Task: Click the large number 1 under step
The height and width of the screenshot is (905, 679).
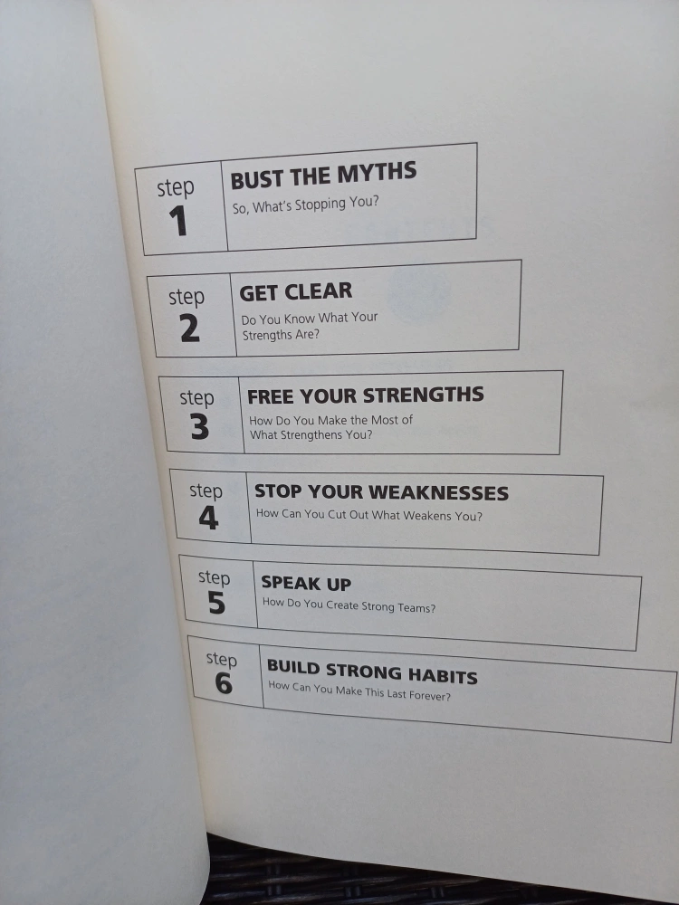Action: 178,221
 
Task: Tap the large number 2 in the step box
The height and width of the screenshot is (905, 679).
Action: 190,328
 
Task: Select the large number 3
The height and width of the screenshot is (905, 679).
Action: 200,427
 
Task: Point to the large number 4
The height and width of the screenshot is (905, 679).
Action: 208,518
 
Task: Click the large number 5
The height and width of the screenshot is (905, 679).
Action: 216,603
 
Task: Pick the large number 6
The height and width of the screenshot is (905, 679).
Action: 224,683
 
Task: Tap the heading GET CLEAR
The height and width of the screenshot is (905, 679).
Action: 296,292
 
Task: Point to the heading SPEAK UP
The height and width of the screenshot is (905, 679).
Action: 306,584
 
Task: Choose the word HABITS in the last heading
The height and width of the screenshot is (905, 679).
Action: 443,675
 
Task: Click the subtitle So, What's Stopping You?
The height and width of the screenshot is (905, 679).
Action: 305,205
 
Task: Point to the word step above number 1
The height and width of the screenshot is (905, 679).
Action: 176,187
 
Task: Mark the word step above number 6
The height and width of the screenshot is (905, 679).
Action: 222,659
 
